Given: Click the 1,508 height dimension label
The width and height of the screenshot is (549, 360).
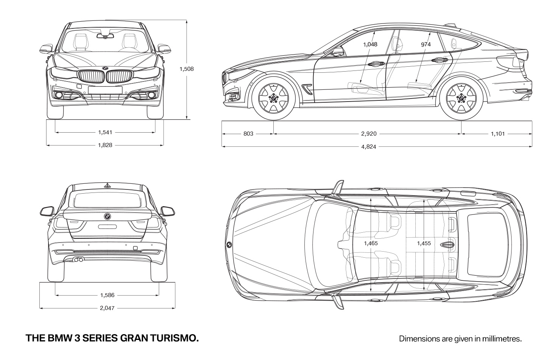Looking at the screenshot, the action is pos(187,69).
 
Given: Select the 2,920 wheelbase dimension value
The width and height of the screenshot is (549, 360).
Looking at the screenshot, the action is pos(369,134).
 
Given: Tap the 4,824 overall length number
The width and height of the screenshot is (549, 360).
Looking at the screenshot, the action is pos(369,147).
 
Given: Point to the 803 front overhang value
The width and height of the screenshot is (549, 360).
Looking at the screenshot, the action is pos(248,134).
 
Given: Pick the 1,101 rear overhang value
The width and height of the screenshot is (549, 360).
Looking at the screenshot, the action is pos(498,134).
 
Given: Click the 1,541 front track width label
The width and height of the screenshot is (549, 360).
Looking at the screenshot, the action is pos(105,132).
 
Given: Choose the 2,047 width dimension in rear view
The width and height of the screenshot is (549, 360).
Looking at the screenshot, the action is pos(107,308).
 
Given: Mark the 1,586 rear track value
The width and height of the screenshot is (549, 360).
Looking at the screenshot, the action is pos(108,295).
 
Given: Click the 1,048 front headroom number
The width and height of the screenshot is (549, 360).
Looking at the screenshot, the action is pos(370,44).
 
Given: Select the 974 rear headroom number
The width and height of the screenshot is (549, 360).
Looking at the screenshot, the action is pos(426,44).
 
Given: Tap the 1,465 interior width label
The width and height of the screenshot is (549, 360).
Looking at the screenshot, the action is pos(371,243).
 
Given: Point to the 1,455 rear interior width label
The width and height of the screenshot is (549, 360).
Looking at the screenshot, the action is pos(424,243).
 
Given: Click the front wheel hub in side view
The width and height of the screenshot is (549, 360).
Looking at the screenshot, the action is pos(273,99).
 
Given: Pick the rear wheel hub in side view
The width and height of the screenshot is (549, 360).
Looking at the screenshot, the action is pos(461,99).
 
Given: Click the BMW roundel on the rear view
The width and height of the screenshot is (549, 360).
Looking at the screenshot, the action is pos(108,216).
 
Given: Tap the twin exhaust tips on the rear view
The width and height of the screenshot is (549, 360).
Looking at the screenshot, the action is pos(78,259).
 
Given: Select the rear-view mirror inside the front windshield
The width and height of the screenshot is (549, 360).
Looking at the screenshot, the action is pos(105,36).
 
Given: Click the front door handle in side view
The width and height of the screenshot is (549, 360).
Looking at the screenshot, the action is pos(376,64).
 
